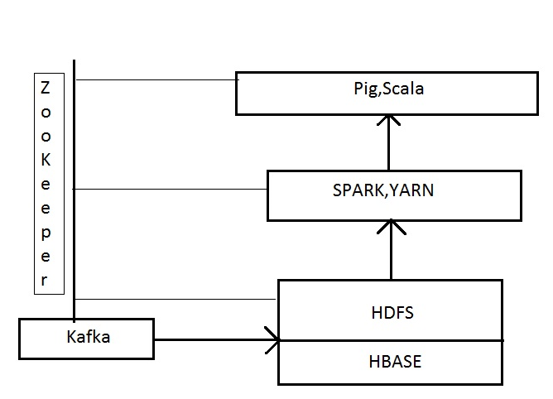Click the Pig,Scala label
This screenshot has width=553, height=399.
tap(388, 89)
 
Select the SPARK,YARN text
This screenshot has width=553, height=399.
tap(383, 190)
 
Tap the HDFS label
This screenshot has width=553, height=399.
tap(392, 313)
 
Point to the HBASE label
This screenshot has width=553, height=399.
tap(395, 362)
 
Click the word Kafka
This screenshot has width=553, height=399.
tap(89, 337)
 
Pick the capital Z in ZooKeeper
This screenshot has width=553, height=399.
tap(46, 88)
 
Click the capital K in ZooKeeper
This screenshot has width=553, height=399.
tap(46, 160)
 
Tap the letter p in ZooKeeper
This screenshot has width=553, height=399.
tap(46, 234)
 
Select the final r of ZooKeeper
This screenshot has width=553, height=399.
tap(44, 280)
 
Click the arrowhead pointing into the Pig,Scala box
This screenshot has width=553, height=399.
tap(388, 119)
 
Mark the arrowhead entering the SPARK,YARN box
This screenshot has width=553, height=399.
tap(391, 227)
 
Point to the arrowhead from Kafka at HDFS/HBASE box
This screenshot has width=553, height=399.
tap(272, 340)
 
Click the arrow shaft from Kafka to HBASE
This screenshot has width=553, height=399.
tap(217, 339)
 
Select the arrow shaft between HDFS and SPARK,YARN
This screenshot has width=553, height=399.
tap(391, 250)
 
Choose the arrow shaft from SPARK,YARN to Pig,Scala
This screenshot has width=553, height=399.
tap(388, 143)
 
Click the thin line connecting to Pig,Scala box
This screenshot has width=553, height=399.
tap(157, 80)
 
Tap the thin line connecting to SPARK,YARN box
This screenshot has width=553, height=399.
tap(170, 189)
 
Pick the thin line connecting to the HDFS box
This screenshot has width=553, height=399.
tap(176, 299)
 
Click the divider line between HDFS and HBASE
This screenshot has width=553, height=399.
tap(392, 340)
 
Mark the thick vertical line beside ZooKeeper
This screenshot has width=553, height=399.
tap(74, 191)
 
